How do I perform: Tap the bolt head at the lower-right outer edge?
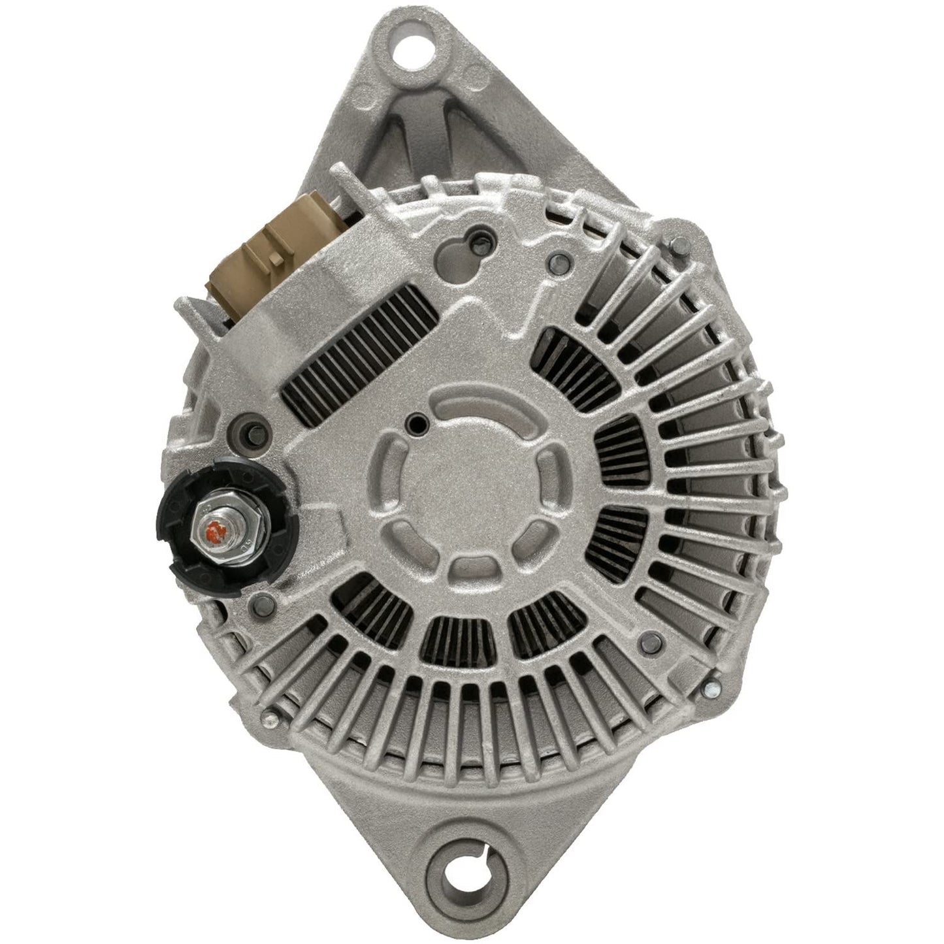(x=713, y=687)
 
